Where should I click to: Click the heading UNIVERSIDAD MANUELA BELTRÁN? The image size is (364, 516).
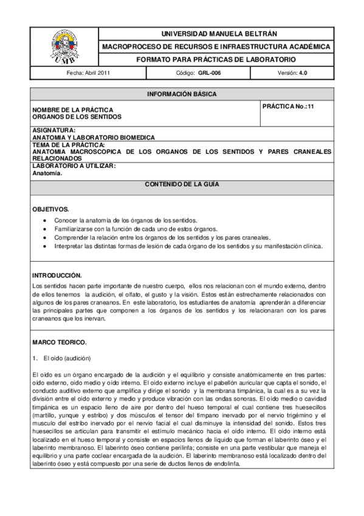[216, 34]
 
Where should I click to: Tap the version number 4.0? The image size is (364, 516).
[304, 72]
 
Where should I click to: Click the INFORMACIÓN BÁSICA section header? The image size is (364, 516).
[182, 94]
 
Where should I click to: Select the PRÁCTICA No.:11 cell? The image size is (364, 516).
[288, 106]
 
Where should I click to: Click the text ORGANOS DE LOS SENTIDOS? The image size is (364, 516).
[77, 116]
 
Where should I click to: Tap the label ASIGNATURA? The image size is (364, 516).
[53, 130]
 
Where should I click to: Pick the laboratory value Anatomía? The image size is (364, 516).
[47, 173]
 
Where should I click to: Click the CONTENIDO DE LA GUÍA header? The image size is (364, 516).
[182, 184]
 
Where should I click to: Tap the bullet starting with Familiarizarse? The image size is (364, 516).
[131, 228]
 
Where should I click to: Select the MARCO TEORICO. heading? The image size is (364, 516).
[60, 342]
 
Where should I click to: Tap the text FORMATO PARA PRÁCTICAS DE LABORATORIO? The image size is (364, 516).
[216, 60]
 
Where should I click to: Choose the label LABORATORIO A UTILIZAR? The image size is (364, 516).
[74, 166]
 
